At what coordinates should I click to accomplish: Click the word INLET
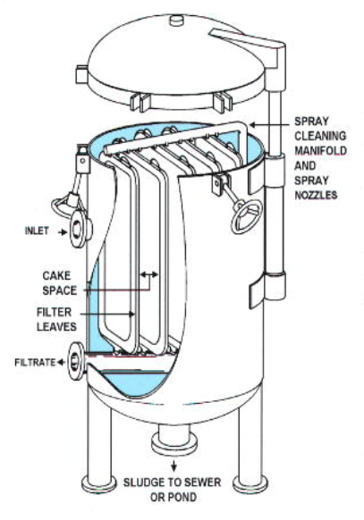coord(37,231)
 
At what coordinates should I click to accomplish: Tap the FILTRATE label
coord(35,362)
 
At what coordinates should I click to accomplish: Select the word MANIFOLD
coord(320,151)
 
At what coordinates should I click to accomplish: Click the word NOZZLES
coord(316,195)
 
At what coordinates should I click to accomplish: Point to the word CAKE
coord(56,275)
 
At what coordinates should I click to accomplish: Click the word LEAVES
coord(56,327)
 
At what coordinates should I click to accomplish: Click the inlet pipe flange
coord(79,229)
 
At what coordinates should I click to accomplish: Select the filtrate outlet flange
coord(75,361)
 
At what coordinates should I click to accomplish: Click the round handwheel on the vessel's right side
coord(247,215)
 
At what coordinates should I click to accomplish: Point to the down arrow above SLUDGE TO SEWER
coord(174,467)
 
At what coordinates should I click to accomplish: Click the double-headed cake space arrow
coord(149,274)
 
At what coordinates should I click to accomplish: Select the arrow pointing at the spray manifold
coord(269,125)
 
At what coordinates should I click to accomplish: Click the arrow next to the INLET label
coord(62,232)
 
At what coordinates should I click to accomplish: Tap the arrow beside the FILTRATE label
coord(61,363)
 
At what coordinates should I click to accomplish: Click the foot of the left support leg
coord(99,482)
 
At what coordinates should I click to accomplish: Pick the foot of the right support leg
coord(250,484)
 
